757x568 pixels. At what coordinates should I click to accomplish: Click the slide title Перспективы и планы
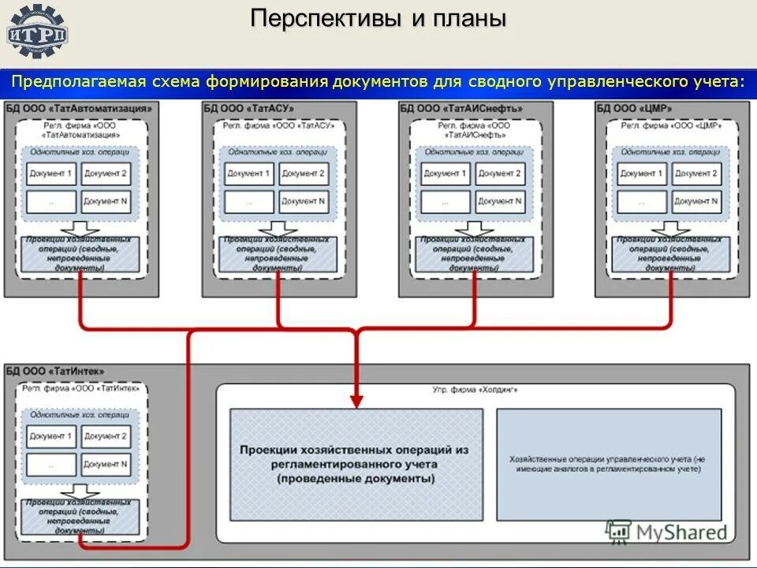click(x=378, y=20)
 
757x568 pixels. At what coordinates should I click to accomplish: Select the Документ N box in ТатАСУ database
click(x=304, y=202)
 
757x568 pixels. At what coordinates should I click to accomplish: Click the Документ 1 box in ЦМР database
click(x=641, y=174)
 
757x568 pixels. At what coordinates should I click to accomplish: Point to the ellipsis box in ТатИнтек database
click(x=51, y=465)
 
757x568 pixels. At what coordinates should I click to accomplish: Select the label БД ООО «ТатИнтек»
click(x=55, y=371)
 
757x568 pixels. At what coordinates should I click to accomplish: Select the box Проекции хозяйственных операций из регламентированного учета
click(x=355, y=464)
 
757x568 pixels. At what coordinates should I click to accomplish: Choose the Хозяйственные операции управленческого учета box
click(x=609, y=464)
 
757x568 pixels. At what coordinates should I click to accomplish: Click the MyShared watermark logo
click(x=668, y=532)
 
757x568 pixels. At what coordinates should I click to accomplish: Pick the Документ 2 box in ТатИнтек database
click(x=106, y=436)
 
